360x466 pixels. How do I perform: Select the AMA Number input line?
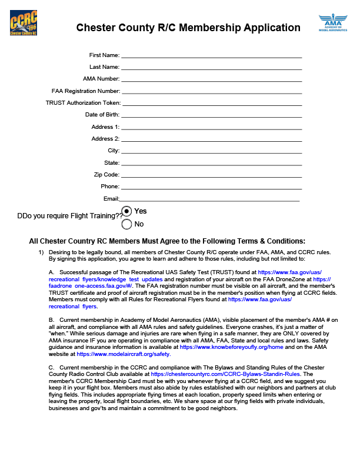[x=211, y=79]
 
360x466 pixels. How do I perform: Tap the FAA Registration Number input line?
[x=211, y=91]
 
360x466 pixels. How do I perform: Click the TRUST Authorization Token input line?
[x=211, y=103]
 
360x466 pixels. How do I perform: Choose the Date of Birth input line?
[x=211, y=115]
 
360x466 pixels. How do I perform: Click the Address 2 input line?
[x=211, y=139]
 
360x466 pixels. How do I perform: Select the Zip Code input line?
[x=211, y=175]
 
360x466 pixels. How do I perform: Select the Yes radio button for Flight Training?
[x=126, y=211]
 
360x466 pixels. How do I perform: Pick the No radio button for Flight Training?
[x=126, y=224]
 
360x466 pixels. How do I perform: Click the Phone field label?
[x=110, y=187]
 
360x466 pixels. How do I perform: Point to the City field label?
[x=114, y=151]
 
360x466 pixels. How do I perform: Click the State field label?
[x=112, y=163]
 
